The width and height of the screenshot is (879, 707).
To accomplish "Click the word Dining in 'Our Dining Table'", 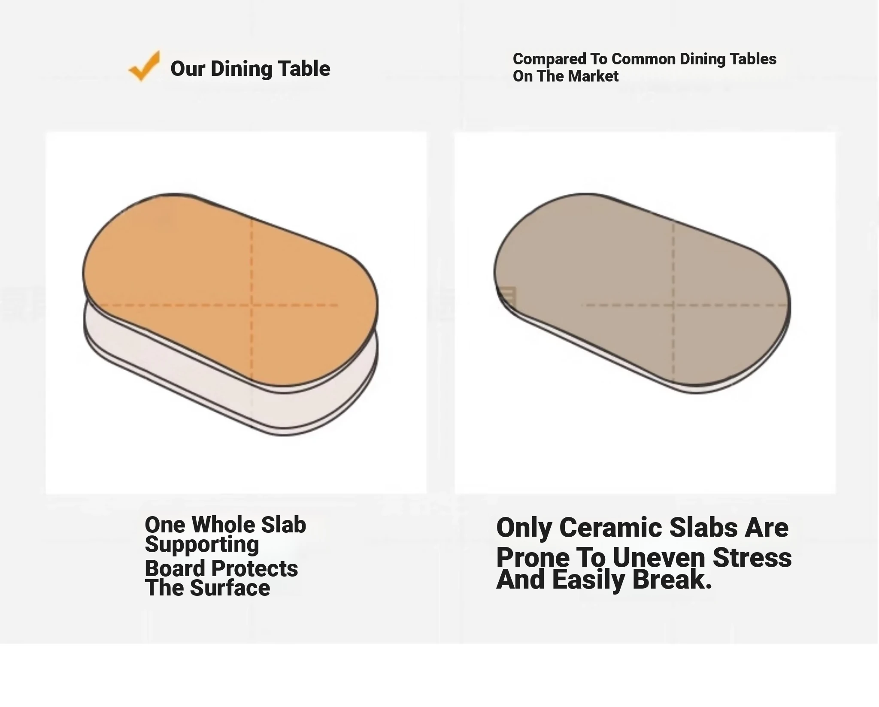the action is pos(242,69).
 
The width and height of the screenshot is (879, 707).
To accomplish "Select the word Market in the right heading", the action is pos(594,76).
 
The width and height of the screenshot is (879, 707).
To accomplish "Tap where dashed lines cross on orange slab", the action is pos(252,305).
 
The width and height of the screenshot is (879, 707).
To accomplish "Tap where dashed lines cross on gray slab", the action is pos(673,305).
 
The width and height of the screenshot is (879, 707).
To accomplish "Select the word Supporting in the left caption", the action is pos(202,545).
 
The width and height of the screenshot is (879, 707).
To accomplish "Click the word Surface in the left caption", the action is pos(230,588).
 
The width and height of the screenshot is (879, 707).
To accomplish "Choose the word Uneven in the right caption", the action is pos(659,558).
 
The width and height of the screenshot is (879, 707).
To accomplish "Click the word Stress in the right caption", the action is pos(752,558).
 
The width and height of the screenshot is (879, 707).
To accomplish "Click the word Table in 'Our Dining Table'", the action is pos(304,69).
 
